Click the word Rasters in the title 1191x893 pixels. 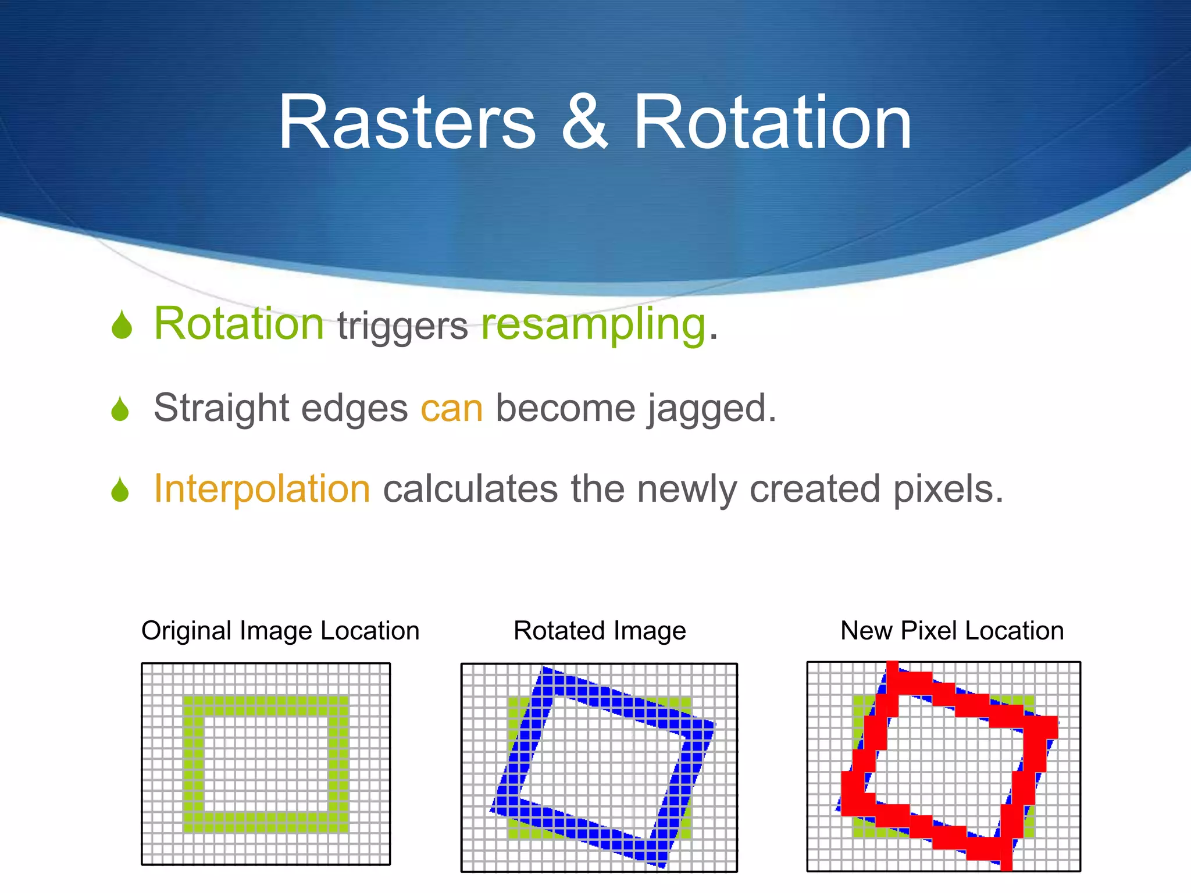coord(407,123)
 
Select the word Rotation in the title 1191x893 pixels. coord(772,123)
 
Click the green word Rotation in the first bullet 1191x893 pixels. coord(238,324)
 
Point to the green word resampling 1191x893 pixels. coord(593,326)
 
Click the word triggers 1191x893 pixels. coord(402,327)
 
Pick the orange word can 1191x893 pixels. coord(452,409)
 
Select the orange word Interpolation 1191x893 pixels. coord(262,488)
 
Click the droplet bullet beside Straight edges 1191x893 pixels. coord(120,409)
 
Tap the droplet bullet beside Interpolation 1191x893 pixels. coord(120,490)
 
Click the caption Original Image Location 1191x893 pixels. coord(280,631)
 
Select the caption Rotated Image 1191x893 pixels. coord(600,631)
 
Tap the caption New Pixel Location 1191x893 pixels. coord(952,631)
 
